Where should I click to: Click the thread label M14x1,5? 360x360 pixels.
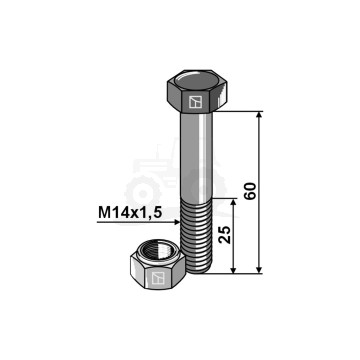130,212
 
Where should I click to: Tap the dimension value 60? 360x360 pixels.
250,191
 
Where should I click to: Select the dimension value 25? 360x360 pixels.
225,235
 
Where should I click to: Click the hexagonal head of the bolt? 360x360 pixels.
197,91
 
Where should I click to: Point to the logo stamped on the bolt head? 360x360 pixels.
195,102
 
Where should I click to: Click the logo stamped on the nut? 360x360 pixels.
158,278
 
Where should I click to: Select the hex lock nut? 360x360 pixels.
158,265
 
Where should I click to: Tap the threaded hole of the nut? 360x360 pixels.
158,250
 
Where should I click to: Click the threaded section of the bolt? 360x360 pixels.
196,235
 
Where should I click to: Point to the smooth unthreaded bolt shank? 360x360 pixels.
196,155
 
